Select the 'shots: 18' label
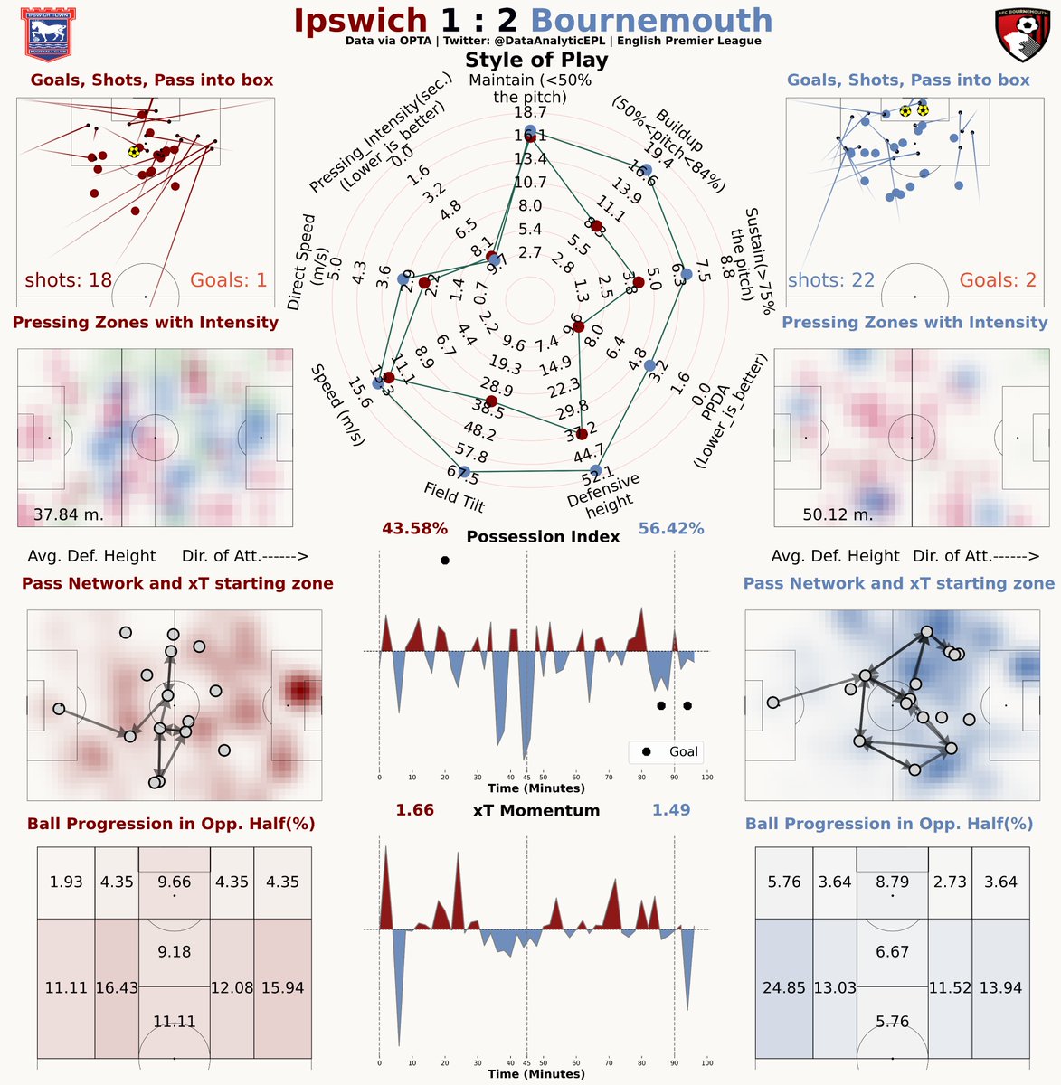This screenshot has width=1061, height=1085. click(x=69, y=279)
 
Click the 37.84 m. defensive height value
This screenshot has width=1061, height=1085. click(x=69, y=515)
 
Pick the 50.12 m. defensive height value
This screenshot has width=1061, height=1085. click(x=838, y=515)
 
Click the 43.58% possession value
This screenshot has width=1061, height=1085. click(x=414, y=528)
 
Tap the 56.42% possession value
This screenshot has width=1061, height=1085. click(x=671, y=528)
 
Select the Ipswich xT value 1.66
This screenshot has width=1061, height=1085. click(x=414, y=810)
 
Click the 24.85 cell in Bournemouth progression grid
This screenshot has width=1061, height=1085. click(x=783, y=987)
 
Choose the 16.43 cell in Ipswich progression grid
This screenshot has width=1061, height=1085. click(x=117, y=987)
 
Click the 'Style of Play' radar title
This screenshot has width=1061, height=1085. click(x=536, y=61)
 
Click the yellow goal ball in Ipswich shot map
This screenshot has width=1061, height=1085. click(x=135, y=152)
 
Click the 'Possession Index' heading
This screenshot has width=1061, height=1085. click(x=543, y=536)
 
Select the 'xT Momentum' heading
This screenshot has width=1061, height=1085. click(x=536, y=810)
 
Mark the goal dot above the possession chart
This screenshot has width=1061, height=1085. click(x=444, y=561)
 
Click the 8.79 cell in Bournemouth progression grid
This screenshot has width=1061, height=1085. click(x=893, y=882)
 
